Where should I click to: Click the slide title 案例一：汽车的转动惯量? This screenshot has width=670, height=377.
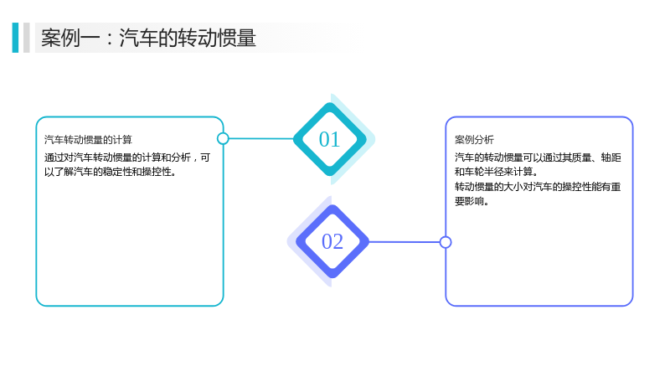click(148, 38)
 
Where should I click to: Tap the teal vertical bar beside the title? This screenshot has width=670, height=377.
click(15, 38)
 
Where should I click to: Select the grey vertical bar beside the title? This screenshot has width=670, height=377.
click(27, 38)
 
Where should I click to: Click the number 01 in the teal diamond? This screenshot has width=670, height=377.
click(329, 139)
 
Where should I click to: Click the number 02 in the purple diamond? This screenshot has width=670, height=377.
click(332, 241)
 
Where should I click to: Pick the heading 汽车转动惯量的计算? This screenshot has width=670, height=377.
click(88, 140)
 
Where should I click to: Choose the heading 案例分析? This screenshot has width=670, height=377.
click(474, 140)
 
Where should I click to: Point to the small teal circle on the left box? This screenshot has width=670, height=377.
click(223, 138)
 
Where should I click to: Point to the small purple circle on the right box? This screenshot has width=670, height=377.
click(446, 242)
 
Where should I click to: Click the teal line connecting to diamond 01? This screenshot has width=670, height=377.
click(261, 138)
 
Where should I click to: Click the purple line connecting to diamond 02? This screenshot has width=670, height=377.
click(405, 242)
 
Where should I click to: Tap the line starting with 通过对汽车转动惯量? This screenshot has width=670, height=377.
click(127, 158)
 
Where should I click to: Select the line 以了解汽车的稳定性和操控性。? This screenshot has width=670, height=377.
click(111, 172)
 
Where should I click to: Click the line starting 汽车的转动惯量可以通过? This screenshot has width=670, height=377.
click(538, 158)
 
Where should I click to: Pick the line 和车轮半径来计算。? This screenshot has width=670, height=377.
click(496, 172)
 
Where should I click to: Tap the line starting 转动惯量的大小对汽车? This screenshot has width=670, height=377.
click(538, 187)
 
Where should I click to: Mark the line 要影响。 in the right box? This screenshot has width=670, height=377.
click(472, 201)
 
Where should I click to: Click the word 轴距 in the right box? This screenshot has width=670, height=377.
click(611, 158)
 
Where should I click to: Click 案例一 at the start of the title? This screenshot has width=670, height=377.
click(70, 38)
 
